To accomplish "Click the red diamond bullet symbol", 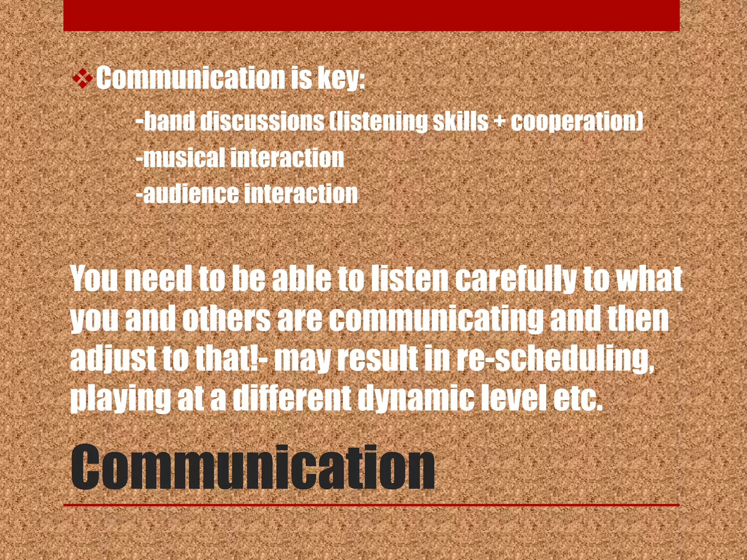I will tap(83, 78).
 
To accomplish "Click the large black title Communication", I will tap(252, 468).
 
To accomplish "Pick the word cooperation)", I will tap(577, 121).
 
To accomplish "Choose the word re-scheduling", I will tap(554, 359).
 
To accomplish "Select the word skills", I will tap(460, 121).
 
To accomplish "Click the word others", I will tap(226, 319).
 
